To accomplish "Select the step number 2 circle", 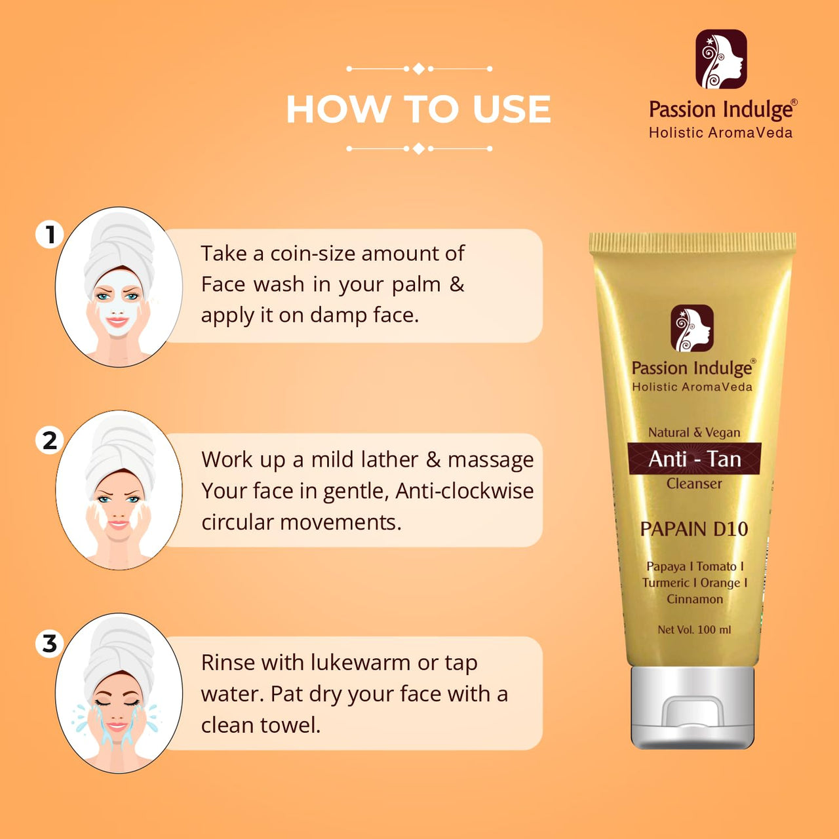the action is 50,440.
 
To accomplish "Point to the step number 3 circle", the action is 50,643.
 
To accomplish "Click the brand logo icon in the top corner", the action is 721,59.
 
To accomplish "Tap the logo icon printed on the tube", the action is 692,328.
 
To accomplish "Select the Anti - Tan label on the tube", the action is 694,459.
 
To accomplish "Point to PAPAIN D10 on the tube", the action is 694,529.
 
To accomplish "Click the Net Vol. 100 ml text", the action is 694,629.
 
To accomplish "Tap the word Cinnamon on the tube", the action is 694,599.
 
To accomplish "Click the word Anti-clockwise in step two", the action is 464,491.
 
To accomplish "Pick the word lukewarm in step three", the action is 361,662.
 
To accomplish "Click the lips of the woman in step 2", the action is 118,524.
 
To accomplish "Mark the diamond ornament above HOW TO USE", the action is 418,68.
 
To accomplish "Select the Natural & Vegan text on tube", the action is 694,433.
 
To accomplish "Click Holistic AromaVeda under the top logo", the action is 720,132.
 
